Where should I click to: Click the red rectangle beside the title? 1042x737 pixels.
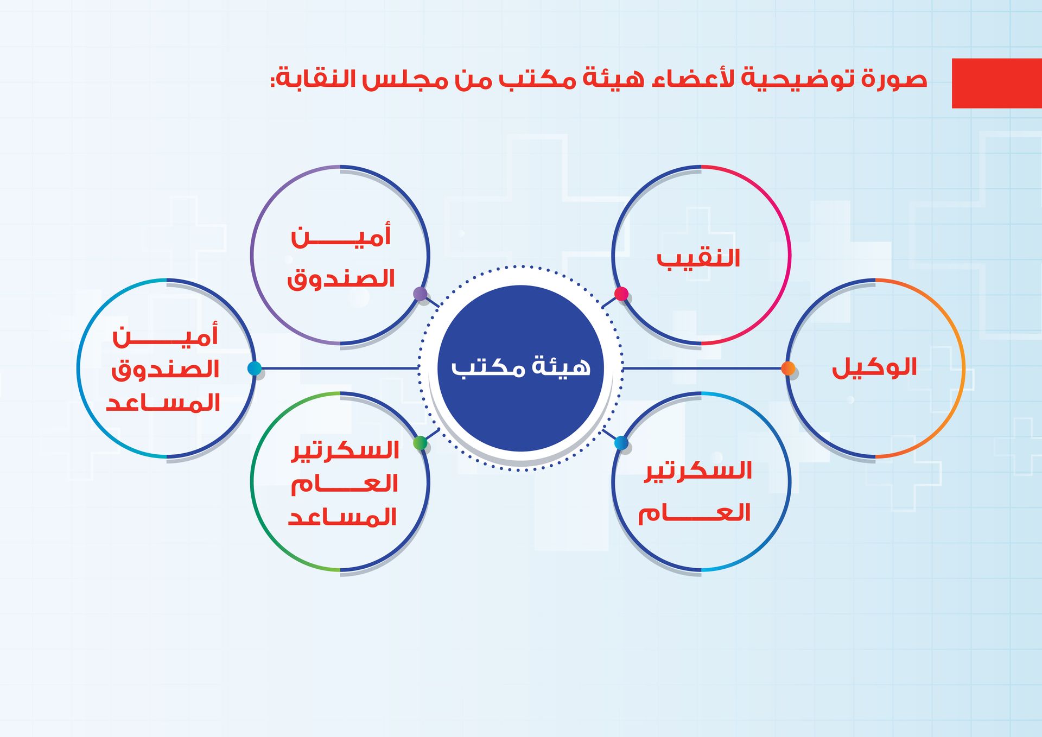(997, 83)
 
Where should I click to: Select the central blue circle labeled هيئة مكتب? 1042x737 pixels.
(520, 368)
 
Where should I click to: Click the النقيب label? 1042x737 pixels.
(698, 259)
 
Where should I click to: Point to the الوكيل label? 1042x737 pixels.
(874, 367)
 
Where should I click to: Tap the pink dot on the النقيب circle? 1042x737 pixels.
(621, 294)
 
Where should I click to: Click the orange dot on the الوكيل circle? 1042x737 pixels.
(788, 368)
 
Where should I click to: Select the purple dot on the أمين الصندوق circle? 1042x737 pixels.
(420, 294)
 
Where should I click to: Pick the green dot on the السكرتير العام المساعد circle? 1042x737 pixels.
(420, 443)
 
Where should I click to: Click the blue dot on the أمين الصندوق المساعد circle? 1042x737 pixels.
(254, 368)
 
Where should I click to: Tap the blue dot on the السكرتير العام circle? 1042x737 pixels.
(621, 443)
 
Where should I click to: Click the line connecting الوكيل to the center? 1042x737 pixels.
(702, 368)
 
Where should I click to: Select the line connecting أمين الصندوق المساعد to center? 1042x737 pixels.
(340, 368)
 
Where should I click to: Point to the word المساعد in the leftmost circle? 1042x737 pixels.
(163, 403)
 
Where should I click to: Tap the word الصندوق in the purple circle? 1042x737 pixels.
(341, 279)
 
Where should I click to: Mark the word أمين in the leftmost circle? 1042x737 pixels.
(165, 336)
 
